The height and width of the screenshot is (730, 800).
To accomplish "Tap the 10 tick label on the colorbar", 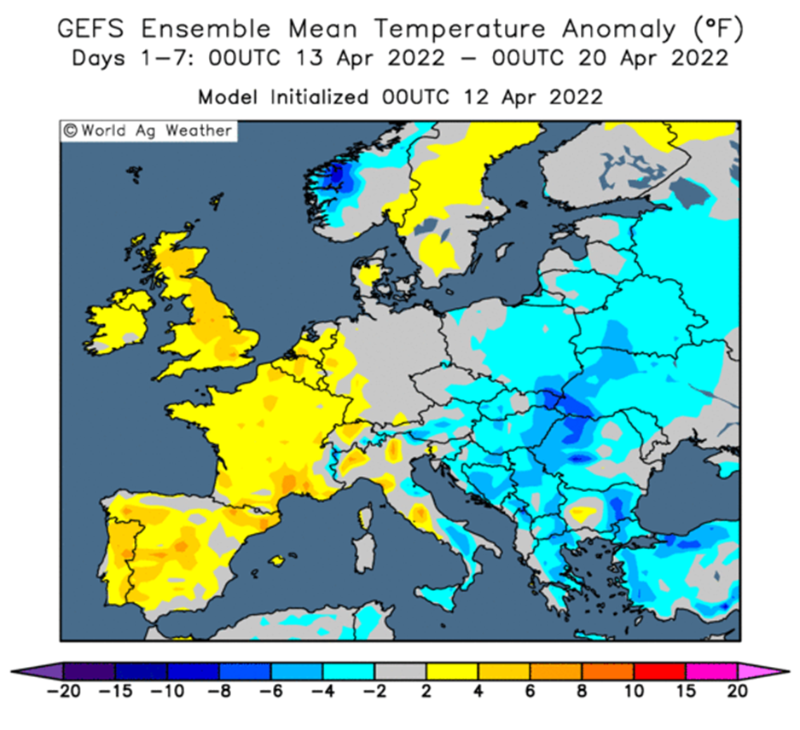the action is (x=634, y=692).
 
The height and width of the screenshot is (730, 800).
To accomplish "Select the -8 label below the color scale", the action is (x=219, y=692).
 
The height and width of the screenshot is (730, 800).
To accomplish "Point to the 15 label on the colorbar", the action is (x=687, y=692).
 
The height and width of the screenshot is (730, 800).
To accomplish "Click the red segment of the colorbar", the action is (x=659, y=671).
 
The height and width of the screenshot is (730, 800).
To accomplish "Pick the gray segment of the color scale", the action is (x=401, y=671).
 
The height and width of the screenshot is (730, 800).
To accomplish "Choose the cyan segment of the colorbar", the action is (x=349, y=671).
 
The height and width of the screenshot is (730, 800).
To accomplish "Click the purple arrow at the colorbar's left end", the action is (x=38, y=671).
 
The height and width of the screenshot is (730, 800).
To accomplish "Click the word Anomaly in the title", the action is (x=619, y=30).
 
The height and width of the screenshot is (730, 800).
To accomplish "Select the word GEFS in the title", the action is (x=90, y=28).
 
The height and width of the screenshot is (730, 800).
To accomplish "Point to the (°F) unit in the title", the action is (x=718, y=29).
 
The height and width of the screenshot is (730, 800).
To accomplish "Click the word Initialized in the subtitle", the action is (x=319, y=96).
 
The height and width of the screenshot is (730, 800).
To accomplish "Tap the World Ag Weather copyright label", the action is (x=148, y=131).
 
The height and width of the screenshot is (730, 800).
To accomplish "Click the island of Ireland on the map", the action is (x=119, y=322).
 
